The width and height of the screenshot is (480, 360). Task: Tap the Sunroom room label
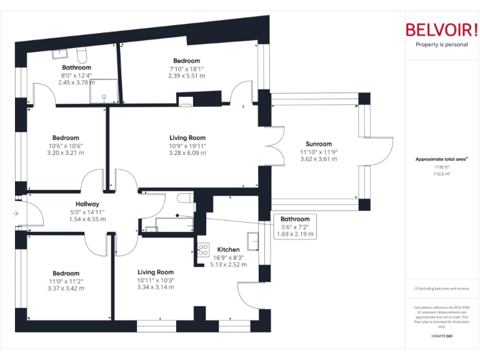pyautogui.click(x=319, y=144)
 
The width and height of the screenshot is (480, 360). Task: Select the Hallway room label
pyautogui.click(x=87, y=204)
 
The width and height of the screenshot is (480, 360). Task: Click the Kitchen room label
pyautogui.click(x=229, y=249)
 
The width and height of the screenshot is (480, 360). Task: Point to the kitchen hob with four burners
pyautogui.click(x=203, y=250)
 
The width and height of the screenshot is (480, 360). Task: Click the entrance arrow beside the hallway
pyautogui.click(x=15, y=214)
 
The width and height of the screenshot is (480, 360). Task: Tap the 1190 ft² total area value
pyautogui.click(x=442, y=167)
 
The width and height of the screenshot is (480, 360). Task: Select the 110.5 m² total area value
pyautogui.click(x=442, y=174)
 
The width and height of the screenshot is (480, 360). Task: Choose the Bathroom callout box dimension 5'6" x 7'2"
pyautogui.click(x=295, y=227)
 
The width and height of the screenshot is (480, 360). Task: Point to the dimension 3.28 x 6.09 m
pyautogui.click(x=187, y=152)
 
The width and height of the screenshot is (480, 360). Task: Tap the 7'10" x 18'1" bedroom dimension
pyautogui.click(x=187, y=68)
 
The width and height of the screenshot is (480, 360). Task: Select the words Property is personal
pyautogui.click(x=442, y=44)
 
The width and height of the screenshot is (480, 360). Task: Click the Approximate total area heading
pyautogui.click(x=441, y=159)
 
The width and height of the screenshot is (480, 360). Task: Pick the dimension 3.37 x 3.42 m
pyautogui.click(x=66, y=288)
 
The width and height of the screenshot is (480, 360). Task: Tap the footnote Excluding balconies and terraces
pyautogui.click(x=442, y=289)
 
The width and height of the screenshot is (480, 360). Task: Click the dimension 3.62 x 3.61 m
pyautogui.click(x=319, y=159)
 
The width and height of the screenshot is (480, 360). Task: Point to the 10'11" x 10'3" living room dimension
pyautogui.click(x=156, y=279)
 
